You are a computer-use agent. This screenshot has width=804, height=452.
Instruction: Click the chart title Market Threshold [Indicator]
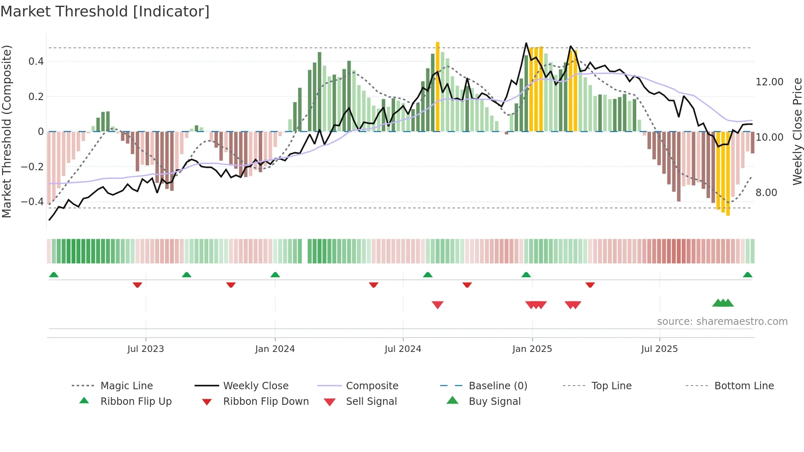tap(105, 11)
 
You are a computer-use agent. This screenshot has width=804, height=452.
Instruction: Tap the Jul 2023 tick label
tap(146, 349)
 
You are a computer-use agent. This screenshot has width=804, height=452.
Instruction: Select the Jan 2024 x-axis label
tap(275, 349)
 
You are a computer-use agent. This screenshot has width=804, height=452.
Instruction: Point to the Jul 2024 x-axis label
tap(403, 349)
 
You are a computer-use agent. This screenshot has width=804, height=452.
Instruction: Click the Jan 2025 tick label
tap(532, 349)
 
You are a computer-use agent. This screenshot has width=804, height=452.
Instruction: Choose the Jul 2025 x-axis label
tap(660, 349)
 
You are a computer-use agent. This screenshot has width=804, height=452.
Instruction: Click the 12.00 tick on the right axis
tap(769, 82)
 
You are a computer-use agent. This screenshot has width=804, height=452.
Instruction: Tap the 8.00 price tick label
tap(766, 193)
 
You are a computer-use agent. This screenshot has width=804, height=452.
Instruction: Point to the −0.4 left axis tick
tap(32, 202)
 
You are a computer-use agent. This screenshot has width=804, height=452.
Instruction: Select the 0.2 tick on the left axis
tap(36, 97)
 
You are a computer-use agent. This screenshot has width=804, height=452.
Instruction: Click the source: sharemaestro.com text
tap(722, 322)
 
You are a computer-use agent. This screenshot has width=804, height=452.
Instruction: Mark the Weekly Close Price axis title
tap(797, 131)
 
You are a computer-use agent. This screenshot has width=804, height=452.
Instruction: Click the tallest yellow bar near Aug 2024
tap(438, 86)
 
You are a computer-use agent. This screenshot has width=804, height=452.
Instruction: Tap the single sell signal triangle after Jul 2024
tap(438, 305)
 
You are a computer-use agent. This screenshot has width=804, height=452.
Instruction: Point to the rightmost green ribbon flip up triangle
tap(747, 275)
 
